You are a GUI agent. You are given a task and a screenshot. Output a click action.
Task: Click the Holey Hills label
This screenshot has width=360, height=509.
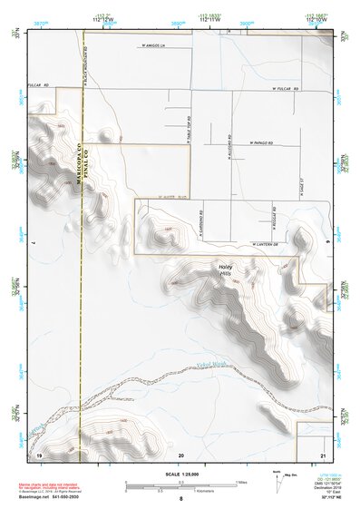(226, 269)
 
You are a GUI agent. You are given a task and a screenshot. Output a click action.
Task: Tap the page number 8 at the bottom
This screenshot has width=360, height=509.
(180, 500)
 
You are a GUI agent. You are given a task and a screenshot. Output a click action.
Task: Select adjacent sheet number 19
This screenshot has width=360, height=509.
(39, 454)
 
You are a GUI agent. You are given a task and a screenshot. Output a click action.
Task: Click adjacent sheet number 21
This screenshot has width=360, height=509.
(323, 454)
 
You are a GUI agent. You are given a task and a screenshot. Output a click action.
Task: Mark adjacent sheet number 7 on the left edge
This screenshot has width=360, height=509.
(31, 243)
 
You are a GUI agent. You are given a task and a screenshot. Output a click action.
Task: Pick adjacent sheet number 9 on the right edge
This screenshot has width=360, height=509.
(327, 243)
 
